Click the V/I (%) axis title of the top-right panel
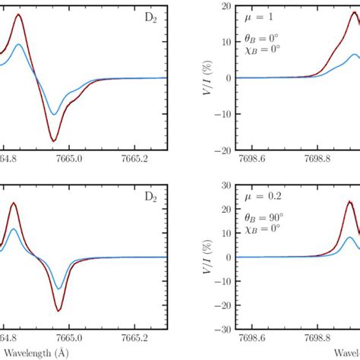(206, 77)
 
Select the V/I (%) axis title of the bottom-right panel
(206, 257)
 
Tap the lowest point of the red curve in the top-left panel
(53, 141)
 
